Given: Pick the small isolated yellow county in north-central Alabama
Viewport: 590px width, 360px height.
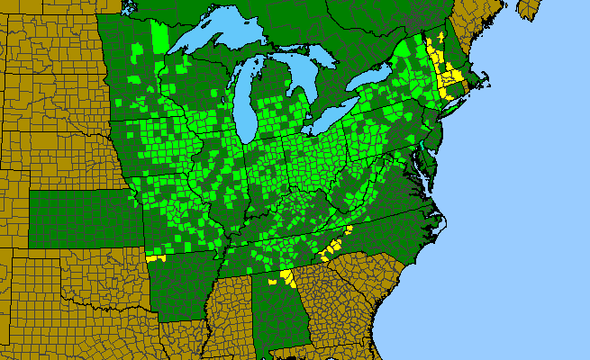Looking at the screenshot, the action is coord(270,282).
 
